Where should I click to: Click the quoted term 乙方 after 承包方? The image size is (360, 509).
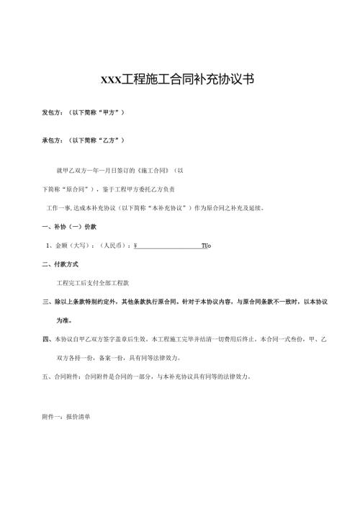click(x=110, y=140)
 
